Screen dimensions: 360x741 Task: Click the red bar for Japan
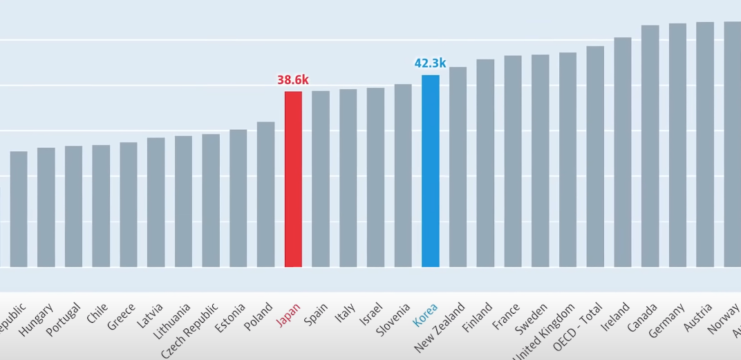[293, 179]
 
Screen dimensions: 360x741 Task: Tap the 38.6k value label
[293, 80]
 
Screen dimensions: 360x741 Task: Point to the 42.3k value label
[430, 64]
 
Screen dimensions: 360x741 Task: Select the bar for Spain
[321, 179]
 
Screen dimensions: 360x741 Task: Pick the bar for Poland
[265, 194]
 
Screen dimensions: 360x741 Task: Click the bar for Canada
[650, 146]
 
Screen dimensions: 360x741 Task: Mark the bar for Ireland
[622, 152]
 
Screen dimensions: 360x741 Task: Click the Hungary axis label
[36, 320]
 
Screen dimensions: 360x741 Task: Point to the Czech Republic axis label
[190, 330]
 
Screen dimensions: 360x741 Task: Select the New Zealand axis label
[439, 328]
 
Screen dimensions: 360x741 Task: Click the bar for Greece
[129, 205]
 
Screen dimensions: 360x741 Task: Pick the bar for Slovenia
[403, 176]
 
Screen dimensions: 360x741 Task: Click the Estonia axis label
[231, 319]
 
